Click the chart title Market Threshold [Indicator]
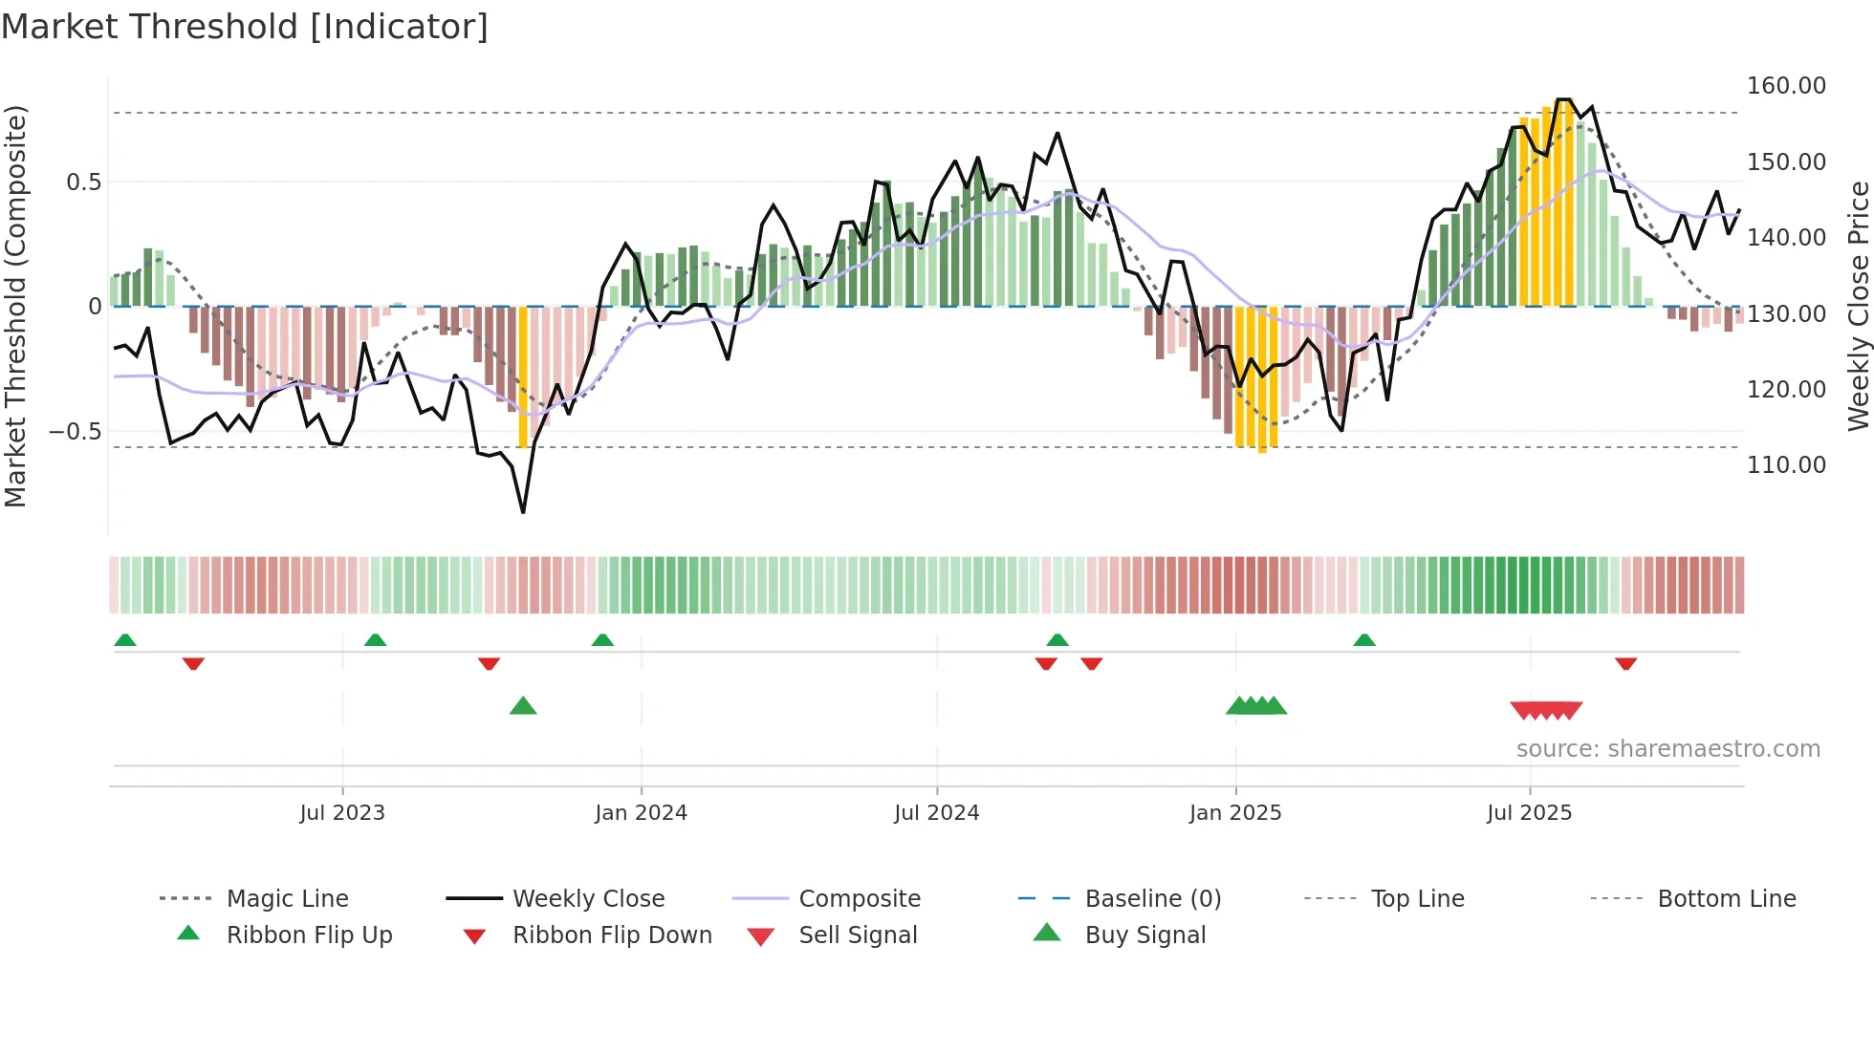(x=245, y=27)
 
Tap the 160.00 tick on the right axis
(x=1785, y=86)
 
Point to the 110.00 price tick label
(x=1785, y=465)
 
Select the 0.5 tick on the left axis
(x=83, y=183)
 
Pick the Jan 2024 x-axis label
(x=641, y=813)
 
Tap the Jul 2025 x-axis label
(x=1528, y=813)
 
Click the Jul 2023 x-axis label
(x=341, y=813)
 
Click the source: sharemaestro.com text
(x=1667, y=749)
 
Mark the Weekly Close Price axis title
(x=1858, y=306)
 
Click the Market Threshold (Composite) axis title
(x=15, y=306)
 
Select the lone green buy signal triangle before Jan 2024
(x=523, y=706)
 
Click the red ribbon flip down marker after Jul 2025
(x=1625, y=663)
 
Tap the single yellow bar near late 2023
(x=523, y=376)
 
